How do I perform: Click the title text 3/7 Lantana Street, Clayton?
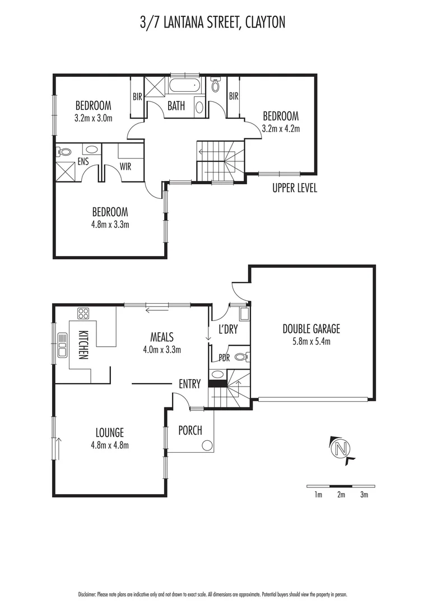213,22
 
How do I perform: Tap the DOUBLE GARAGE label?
311,329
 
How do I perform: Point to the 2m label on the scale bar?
341,494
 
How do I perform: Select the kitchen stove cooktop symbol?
83,313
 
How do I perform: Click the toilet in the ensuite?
65,152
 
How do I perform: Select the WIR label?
125,166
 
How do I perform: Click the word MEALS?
161,337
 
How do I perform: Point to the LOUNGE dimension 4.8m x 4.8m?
109,445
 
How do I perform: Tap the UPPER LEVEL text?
295,189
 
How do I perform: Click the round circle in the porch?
207,445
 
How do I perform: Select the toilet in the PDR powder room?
240,356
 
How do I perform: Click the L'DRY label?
228,330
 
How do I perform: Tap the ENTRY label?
189,384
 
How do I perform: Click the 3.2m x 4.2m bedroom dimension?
281,128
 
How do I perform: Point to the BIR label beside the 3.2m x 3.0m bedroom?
137,96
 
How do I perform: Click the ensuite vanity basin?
91,150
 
